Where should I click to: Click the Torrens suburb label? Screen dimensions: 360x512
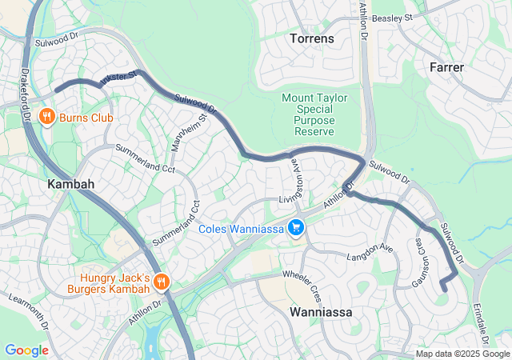pos(313,38)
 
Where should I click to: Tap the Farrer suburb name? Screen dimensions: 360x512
pos(446,67)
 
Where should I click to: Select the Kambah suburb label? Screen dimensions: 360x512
pos(71,184)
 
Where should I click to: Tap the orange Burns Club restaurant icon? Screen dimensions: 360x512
pos(47,117)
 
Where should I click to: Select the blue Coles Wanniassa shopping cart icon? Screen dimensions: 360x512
pos(296,228)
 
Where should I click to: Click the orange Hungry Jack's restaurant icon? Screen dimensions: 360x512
pos(161,281)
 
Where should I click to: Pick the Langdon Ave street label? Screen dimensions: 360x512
pos(370,254)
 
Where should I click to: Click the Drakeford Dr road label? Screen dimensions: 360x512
pos(25,93)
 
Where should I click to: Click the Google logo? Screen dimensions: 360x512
pos(26,350)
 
